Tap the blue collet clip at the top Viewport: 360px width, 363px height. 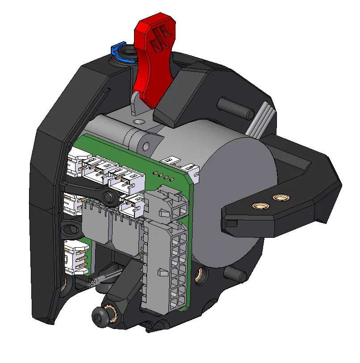[x=117, y=51]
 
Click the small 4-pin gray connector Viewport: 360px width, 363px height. [x=168, y=206]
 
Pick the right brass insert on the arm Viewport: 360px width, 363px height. [x=280, y=197]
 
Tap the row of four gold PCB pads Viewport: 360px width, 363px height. [x=163, y=175]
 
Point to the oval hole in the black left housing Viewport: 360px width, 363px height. [x=69, y=230]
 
